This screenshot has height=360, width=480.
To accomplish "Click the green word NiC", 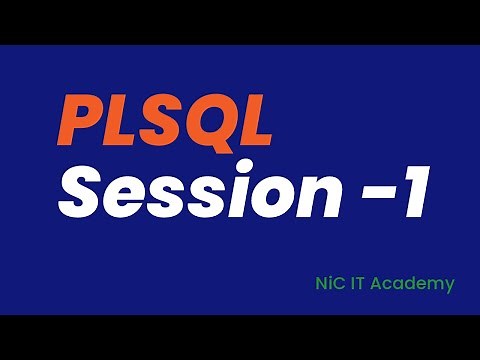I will (x=327, y=284).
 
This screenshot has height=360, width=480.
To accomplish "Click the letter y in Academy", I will (x=449, y=287).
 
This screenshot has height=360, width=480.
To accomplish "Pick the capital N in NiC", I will (x=316, y=284).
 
